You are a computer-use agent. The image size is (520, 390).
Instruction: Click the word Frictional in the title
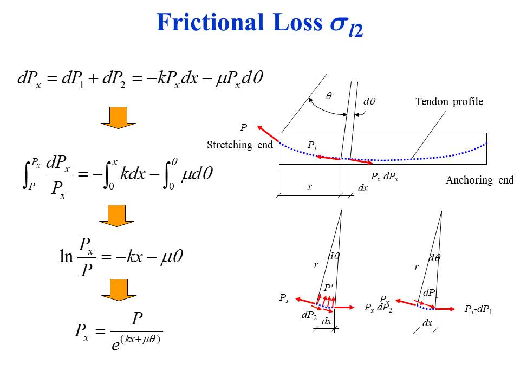[206, 23]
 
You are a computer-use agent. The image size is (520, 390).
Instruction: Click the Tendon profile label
[449, 101]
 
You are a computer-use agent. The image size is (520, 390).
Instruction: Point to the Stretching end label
[240, 145]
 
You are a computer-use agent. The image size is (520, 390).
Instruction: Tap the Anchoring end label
[479, 180]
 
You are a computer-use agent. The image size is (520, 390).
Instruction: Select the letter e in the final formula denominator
[115, 344]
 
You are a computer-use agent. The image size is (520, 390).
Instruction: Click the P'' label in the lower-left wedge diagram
[328, 287]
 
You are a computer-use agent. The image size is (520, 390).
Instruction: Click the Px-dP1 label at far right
[478, 310]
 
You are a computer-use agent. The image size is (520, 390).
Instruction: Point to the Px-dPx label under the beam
[385, 176]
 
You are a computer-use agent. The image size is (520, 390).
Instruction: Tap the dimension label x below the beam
[310, 187]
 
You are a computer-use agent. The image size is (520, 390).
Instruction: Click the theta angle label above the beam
[329, 95]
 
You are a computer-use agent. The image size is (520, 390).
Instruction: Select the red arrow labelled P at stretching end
[268, 134]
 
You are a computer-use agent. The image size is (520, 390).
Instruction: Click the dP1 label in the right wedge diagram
[430, 292]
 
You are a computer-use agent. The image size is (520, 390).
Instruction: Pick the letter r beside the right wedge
[417, 266]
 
